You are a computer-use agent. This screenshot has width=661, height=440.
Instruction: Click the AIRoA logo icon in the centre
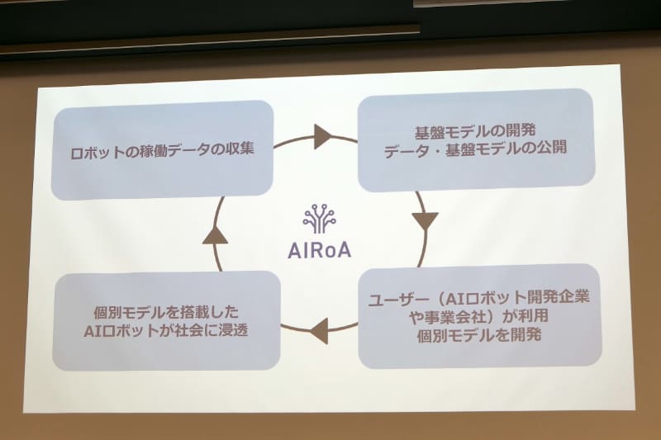[319, 220]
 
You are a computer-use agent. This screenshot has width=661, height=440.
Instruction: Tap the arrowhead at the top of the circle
[322, 136]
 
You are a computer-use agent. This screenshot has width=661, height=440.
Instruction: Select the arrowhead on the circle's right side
[425, 220]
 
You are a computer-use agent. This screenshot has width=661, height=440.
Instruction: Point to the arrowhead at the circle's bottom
[320, 333]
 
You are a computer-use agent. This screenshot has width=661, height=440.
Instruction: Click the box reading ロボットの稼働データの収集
[162, 150]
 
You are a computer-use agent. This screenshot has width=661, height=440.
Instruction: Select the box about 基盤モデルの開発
[475, 140]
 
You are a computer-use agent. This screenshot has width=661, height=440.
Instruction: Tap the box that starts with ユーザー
[479, 315]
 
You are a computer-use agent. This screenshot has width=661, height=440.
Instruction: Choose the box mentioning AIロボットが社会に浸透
[166, 319]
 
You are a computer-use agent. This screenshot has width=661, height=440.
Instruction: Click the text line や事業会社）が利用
[477, 315]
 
